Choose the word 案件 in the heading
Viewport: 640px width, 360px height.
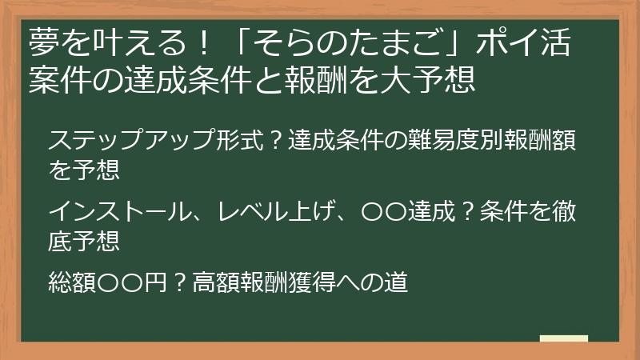coord(57,78)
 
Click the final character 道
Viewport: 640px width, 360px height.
coord(397,282)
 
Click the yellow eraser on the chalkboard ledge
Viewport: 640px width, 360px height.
coord(563,338)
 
